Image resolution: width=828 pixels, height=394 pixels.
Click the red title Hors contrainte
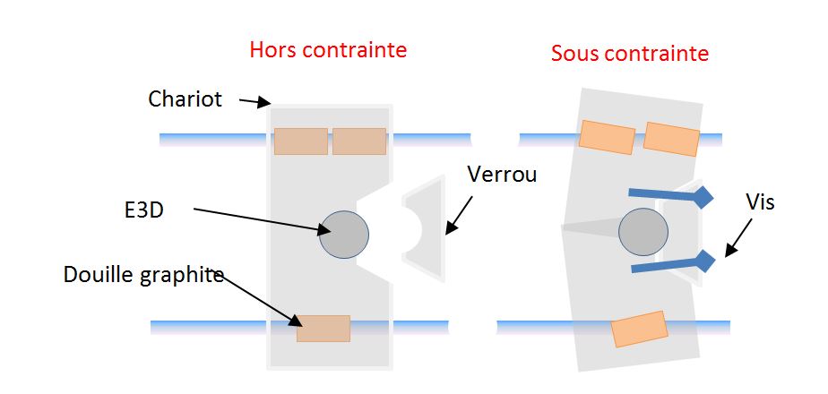(x=327, y=50)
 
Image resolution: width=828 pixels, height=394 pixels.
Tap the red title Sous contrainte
(x=629, y=54)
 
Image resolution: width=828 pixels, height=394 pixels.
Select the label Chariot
(x=185, y=99)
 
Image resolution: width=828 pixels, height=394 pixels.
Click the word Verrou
(x=503, y=174)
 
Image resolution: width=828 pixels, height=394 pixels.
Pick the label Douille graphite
(x=143, y=275)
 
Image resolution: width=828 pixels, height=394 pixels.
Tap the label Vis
(x=761, y=203)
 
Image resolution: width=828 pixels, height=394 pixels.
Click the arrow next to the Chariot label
(x=255, y=103)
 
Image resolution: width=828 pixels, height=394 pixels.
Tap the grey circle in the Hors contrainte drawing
(x=344, y=235)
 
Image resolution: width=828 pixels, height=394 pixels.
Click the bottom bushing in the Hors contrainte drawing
(x=323, y=328)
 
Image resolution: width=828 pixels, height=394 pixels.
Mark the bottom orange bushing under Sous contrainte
(x=639, y=329)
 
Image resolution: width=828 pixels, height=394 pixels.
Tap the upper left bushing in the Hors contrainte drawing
(x=300, y=141)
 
